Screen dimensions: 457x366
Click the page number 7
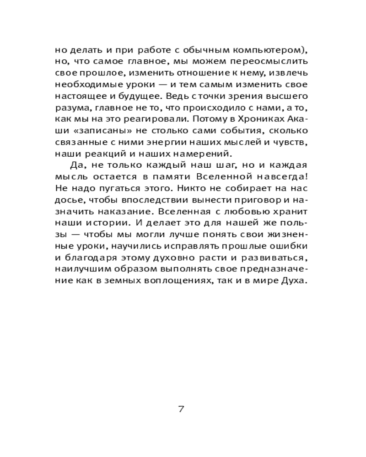pos(181,409)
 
